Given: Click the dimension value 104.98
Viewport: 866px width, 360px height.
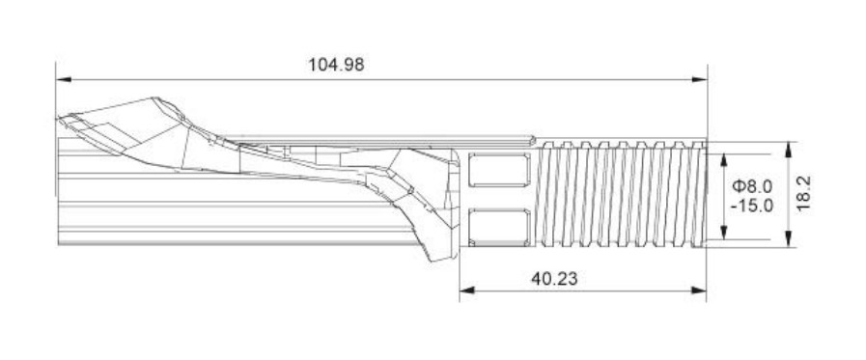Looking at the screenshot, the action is click(336, 65).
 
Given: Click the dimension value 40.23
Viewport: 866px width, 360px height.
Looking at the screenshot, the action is click(554, 279).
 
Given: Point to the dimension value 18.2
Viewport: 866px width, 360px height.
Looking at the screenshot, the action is click(803, 193).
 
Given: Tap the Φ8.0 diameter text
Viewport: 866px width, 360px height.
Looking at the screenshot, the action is click(752, 186).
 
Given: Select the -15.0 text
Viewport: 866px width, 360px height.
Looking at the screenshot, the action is click(752, 206).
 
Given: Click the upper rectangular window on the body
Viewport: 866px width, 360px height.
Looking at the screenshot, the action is click(499, 170).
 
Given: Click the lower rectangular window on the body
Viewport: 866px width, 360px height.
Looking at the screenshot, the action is click(499, 228).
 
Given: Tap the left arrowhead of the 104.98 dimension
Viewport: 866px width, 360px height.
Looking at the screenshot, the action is click(64, 79).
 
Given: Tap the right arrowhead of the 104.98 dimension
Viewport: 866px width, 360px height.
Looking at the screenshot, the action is click(699, 79).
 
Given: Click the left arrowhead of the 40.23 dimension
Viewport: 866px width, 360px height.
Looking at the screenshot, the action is click(467, 291).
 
